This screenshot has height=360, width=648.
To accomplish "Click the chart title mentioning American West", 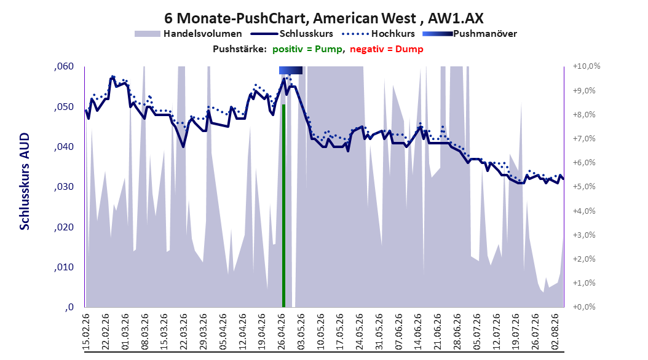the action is [323, 18].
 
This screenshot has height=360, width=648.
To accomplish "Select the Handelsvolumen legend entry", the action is [188, 34].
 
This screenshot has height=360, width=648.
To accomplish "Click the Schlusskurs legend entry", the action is [292, 34].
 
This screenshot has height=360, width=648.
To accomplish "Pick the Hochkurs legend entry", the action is [377, 34].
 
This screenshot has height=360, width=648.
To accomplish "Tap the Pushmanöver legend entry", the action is [470, 34].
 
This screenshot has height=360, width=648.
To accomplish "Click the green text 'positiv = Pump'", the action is [307, 49].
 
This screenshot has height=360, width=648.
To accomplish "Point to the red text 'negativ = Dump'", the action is [387, 49].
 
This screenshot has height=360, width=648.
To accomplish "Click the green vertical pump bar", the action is [284, 206].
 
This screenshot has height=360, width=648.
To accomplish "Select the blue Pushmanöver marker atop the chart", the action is [291, 70].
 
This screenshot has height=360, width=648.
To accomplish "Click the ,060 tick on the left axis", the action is [64, 66].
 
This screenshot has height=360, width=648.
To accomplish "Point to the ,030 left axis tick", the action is [64, 187].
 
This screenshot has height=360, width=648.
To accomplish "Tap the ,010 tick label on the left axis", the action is [64, 267].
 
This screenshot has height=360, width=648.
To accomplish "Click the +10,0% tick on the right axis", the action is [587, 66].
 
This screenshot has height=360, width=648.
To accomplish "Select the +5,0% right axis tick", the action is [584, 187].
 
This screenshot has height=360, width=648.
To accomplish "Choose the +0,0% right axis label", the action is [584, 307].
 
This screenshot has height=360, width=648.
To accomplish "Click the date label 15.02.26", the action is [86, 332].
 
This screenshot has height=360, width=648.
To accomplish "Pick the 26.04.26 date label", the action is [282, 332].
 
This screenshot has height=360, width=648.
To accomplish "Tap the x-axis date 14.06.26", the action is [419, 332].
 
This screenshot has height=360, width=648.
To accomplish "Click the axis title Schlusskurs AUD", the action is [25, 181].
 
